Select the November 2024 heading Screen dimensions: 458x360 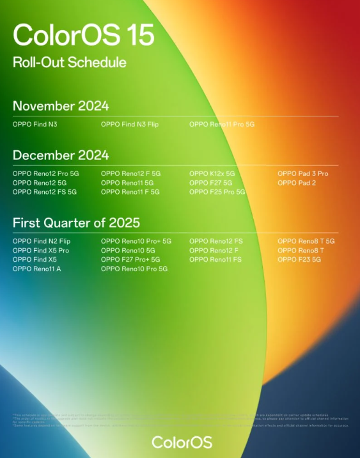click(x=61, y=106)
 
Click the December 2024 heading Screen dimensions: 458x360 click(x=61, y=155)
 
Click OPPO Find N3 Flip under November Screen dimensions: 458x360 click(x=130, y=124)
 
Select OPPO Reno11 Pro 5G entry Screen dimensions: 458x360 click(x=222, y=124)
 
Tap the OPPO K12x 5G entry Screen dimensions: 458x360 click(x=212, y=173)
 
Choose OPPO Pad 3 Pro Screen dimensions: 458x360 click(x=302, y=173)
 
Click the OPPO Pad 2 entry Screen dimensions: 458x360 click(x=296, y=183)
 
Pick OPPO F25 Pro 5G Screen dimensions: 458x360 click(x=217, y=192)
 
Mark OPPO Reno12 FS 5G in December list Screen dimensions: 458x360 click(x=45, y=192)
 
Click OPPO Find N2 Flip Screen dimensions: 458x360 click(x=42, y=241)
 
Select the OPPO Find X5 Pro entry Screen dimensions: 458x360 click(x=41, y=251)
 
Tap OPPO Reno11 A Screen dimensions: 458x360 click(x=36, y=269)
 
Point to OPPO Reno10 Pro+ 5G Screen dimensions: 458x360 click(x=136, y=241)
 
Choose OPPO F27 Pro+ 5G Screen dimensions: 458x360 click(x=130, y=260)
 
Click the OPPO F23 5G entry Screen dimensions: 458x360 click(x=299, y=260)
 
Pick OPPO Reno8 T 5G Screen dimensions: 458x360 click(x=306, y=241)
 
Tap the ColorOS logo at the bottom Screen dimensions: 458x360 click(x=182, y=442)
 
